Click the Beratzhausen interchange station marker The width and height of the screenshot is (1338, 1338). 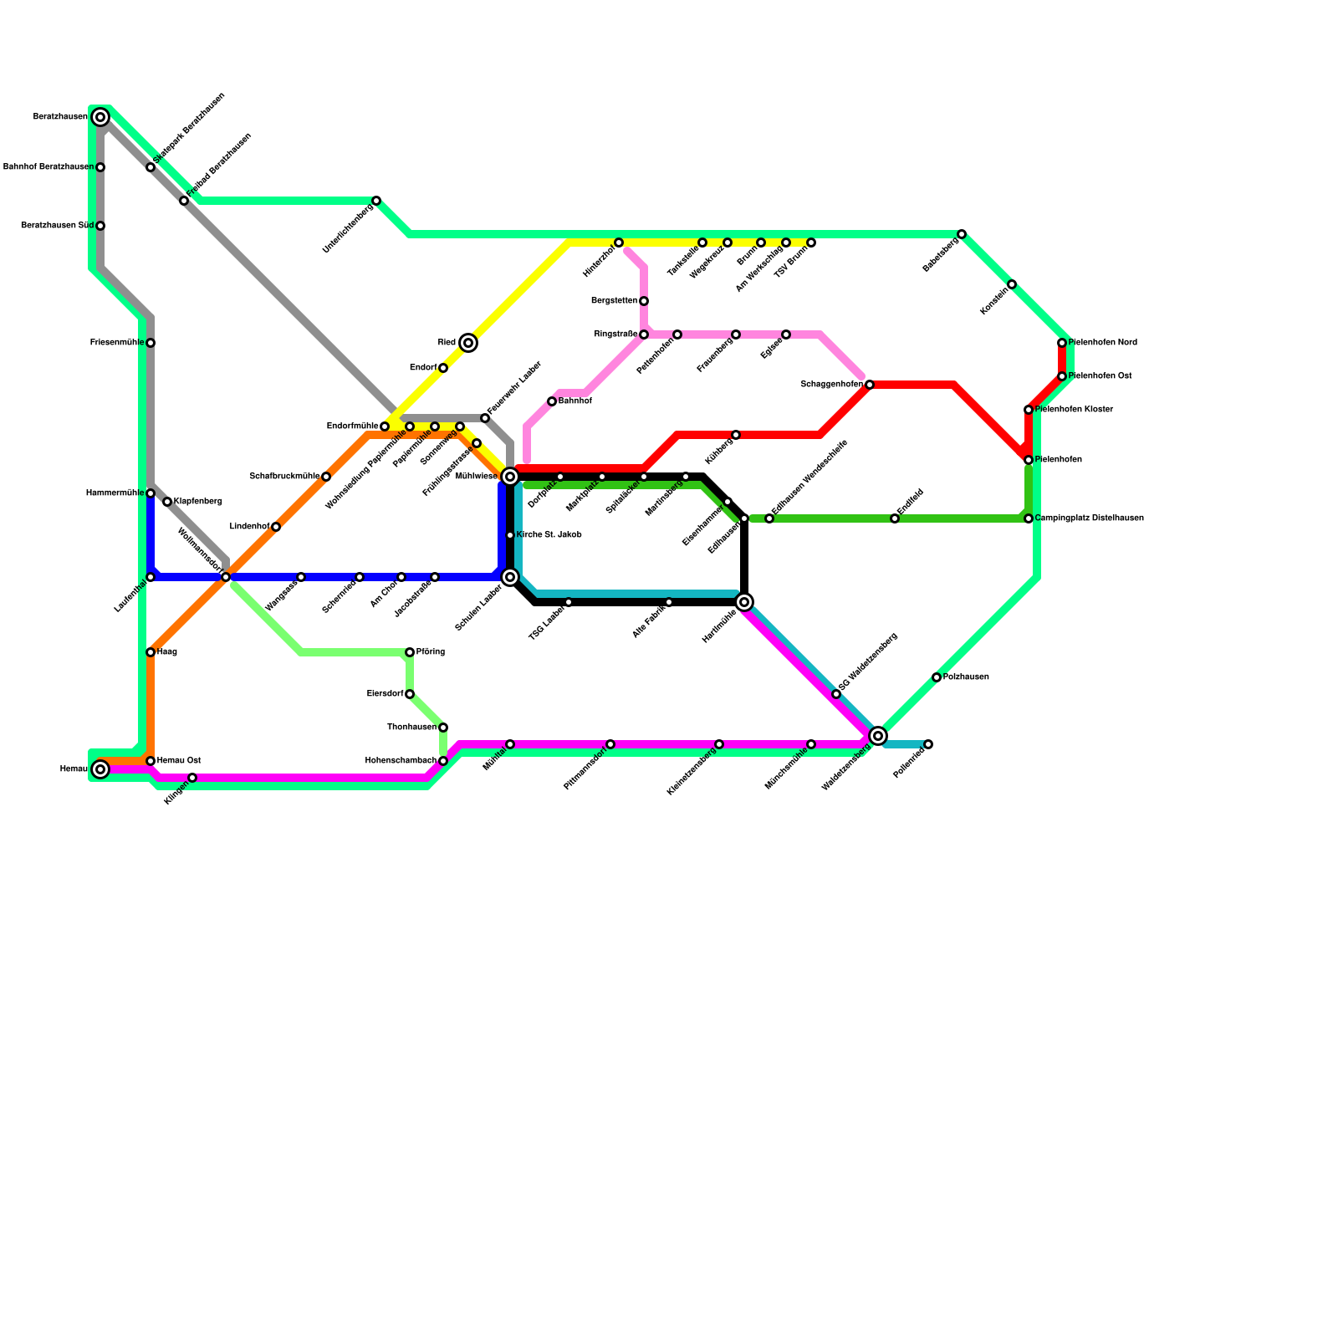click(x=100, y=118)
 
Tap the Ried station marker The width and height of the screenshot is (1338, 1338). click(x=468, y=343)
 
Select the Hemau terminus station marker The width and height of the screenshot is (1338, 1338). click(x=100, y=769)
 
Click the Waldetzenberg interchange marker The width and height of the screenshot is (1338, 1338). click(x=878, y=736)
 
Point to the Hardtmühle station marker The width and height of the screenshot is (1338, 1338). click(x=744, y=602)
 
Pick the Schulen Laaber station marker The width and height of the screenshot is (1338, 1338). click(x=510, y=578)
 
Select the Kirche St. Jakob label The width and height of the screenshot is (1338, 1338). click(x=549, y=535)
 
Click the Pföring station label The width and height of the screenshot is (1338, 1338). click(x=431, y=652)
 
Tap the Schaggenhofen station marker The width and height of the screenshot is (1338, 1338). click(x=870, y=385)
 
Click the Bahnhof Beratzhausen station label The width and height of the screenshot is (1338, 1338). click(x=49, y=167)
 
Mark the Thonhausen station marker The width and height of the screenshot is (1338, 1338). click(x=443, y=728)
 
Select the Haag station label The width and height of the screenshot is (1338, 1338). click(x=167, y=652)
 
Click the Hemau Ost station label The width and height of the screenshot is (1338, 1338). click(x=179, y=761)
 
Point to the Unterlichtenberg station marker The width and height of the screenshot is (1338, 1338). click(x=376, y=201)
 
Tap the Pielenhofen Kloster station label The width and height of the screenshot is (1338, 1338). click(x=1074, y=410)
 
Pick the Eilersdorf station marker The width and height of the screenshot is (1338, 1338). click(x=410, y=694)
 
